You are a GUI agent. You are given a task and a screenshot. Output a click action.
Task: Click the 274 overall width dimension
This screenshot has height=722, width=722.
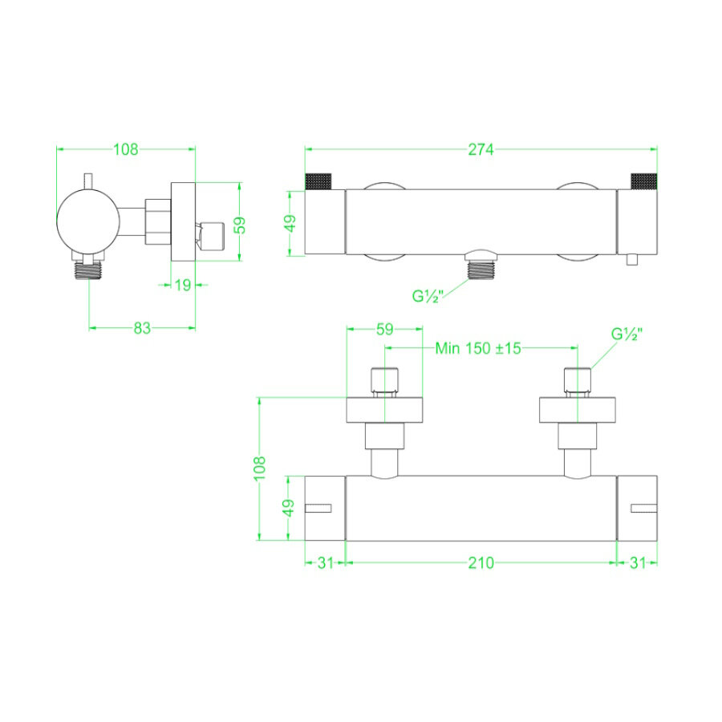coord(481,148)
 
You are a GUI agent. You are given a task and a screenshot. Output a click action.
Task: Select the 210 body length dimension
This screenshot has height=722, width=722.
coord(481,563)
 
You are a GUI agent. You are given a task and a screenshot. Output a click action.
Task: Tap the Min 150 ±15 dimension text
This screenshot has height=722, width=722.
coord(478,348)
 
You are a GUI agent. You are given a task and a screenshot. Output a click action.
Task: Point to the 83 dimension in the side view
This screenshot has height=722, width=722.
coord(142,327)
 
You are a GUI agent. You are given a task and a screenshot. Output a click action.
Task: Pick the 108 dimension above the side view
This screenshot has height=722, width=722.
coord(126,148)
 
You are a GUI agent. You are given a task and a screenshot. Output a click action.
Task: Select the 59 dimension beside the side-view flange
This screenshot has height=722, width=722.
coord(239,224)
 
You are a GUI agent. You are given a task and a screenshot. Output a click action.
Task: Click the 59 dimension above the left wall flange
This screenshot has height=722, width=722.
coord(384,328)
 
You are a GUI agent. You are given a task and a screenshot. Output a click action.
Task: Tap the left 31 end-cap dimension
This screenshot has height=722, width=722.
coord(324,563)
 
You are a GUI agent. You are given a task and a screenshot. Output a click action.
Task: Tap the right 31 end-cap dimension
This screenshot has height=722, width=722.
coord(637,563)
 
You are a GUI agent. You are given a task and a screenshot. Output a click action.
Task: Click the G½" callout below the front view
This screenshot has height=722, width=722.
coord(428,295)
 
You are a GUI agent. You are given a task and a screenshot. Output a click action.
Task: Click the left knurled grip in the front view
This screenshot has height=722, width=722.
coord(319,180)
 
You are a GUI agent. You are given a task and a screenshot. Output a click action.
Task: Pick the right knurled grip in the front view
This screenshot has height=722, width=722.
coord(643,180)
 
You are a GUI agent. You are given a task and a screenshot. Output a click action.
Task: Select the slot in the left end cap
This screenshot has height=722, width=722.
coord(319,507)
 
